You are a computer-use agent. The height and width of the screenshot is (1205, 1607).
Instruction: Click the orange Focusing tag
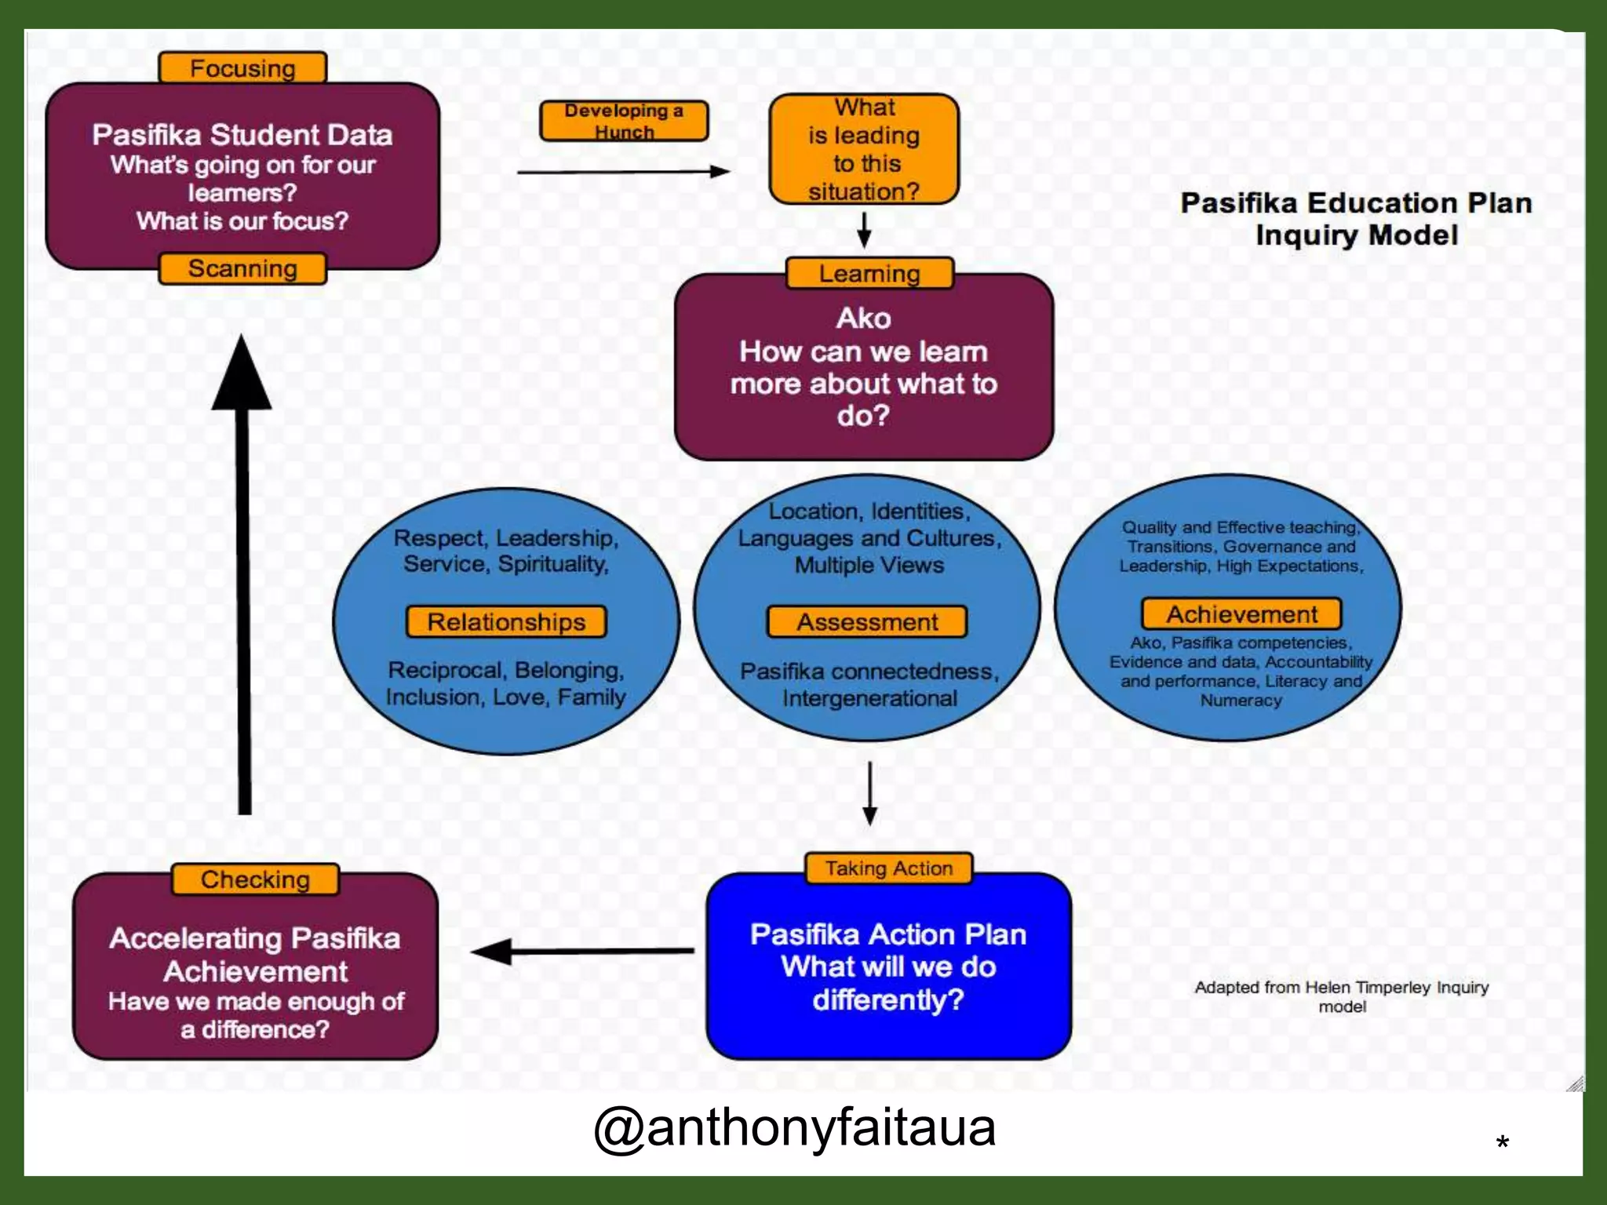point(242,68)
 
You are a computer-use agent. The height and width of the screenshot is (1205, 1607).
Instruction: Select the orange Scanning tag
point(242,268)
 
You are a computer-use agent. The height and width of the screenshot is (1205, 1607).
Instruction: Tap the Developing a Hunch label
point(624,121)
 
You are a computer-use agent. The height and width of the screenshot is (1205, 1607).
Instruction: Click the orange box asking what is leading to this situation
point(864,149)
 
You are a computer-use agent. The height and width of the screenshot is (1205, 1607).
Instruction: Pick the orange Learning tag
point(869,273)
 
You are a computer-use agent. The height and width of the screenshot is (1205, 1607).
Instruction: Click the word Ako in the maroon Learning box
point(864,318)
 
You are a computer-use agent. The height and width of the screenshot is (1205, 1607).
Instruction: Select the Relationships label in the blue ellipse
point(506,621)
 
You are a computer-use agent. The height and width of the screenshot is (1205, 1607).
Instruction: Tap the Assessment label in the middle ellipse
point(867,621)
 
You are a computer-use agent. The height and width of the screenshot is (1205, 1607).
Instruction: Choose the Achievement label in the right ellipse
point(1241,613)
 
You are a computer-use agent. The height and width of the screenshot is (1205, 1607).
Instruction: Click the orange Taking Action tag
point(889,868)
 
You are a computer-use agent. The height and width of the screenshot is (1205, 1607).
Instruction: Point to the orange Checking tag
point(255,879)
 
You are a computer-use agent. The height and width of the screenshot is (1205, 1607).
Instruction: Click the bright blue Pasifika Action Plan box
point(888,967)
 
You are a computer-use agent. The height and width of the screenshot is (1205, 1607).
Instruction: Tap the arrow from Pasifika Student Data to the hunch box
point(624,172)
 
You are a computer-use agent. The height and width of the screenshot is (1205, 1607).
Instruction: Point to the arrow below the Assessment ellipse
point(869,792)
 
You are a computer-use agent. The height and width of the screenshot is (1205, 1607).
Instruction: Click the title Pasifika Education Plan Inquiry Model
point(1356,219)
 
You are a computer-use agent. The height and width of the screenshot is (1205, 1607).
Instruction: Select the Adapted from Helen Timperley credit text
point(1342,996)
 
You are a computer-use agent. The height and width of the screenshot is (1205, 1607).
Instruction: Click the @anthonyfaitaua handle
point(794,1128)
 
